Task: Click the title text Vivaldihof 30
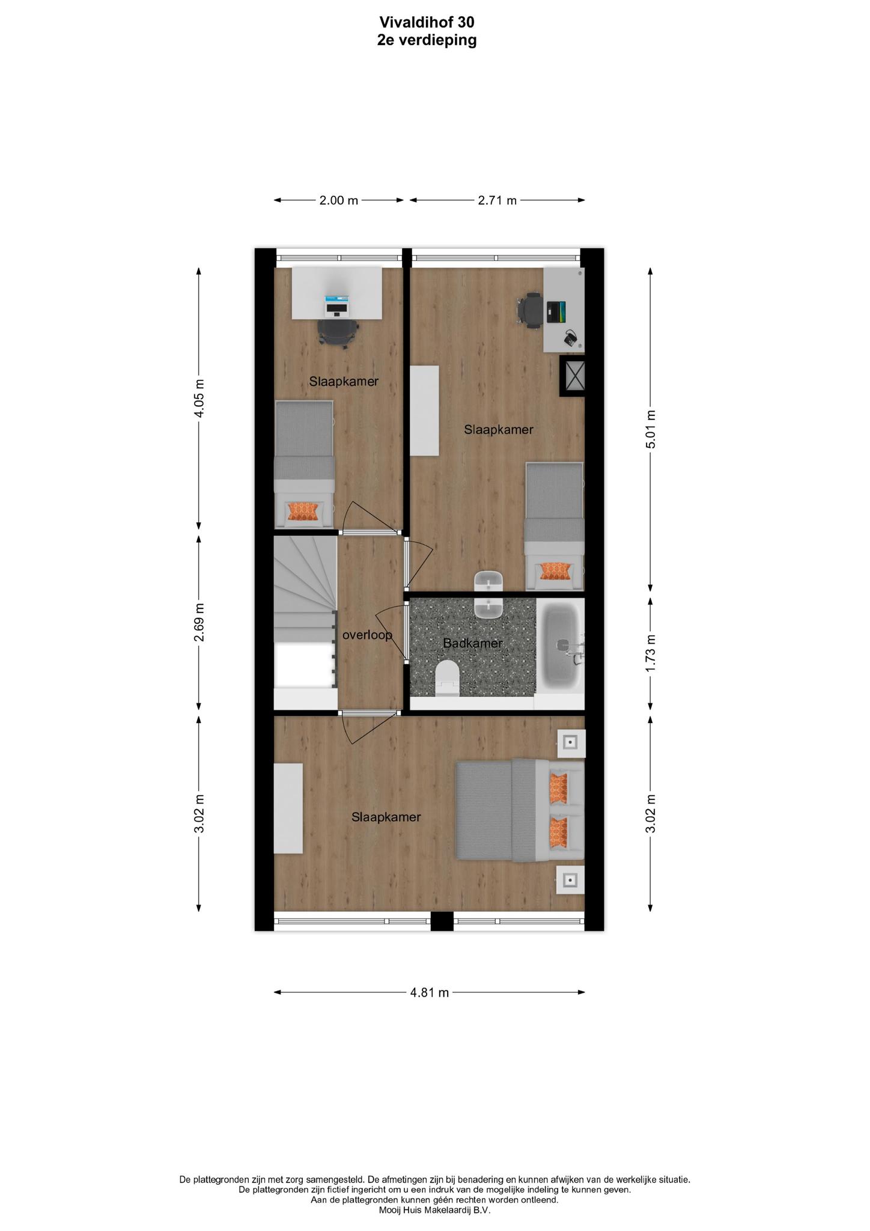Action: pos(427,22)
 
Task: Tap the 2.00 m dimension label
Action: pos(338,200)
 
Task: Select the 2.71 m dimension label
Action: pos(497,200)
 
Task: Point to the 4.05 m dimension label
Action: pos(199,398)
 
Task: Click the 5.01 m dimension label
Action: pos(650,429)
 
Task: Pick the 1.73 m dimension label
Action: pos(650,653)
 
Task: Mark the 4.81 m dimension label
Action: pos(430,992)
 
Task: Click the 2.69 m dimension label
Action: pos(199,622)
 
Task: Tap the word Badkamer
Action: pos(472,643)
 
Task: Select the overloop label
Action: pos(367,634)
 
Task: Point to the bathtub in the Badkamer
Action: pos(559,646)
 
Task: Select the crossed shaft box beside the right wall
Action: pos(572,376)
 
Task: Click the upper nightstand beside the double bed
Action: pos(571,744)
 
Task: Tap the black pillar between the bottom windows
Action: pos(442,921)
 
